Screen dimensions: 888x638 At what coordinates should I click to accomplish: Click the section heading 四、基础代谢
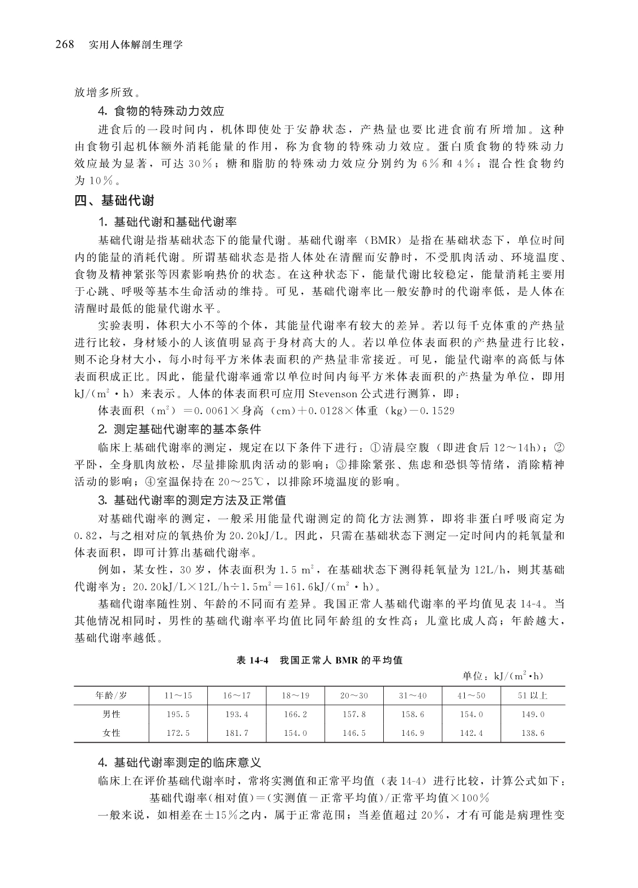pyautogui.click(x=114, y=200)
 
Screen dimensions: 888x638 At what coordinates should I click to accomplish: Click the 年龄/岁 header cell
pyautogui.click(x=111, y=696)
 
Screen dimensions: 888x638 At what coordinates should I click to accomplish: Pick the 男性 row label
pyautogui.click(x=111, y=714)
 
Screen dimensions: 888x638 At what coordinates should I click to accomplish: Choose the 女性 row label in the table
pyautogui.click(x=111, y=733)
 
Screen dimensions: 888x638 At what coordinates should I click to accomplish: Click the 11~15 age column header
pyautogui.click(x=178, y=696)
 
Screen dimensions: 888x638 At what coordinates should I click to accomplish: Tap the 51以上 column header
pyautogui.click(x=532, y=696)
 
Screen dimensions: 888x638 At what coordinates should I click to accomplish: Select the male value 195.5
pyautogui.click(x=178, y=714)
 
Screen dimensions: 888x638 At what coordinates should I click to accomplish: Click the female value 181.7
pyautogui.click(x=237, y=733)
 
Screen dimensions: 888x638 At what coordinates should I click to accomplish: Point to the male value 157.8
pyautogui.click(x=354, y=714)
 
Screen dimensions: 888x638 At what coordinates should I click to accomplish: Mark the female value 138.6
pyautogui.click(x=532, y=733)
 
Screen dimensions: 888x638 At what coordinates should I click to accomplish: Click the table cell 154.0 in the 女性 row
pyautogui.click(x=295, y=733)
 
